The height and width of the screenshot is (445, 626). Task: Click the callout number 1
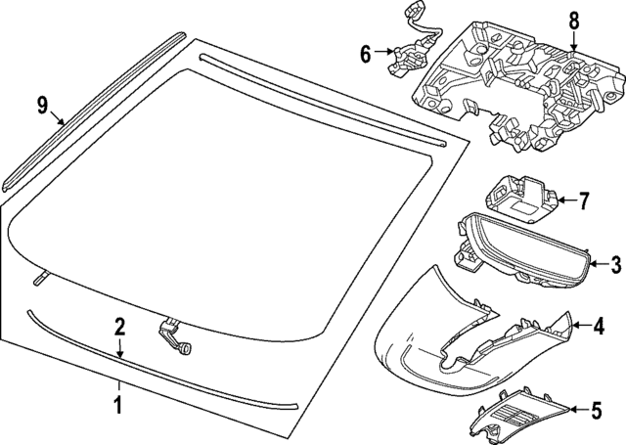pos(117,402)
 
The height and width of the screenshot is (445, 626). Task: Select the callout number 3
pos(615,263)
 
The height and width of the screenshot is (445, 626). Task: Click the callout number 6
pos(366,54)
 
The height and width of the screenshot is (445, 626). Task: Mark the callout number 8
pos(573,20)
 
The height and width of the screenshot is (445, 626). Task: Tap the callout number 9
pos(42,105)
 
